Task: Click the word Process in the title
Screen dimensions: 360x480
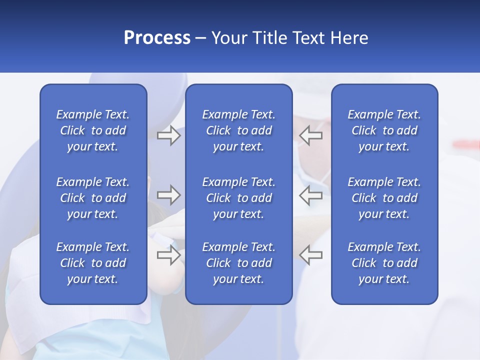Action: pos(157,38)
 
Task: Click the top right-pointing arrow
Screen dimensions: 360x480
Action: pos(169,135)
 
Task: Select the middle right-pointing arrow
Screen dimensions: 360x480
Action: pos(169,195)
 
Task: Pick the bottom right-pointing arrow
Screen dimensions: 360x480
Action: pos(169,254)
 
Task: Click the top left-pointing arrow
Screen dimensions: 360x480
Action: pos(311,135)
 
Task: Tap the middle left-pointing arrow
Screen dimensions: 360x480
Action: pos(311,195)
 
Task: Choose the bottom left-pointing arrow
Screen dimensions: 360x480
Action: pos(311,254)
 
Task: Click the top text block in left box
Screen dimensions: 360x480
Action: pos(93,130)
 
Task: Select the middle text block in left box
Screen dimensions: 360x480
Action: pos(93,198)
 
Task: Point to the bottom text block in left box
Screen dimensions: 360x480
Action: pos(93,263)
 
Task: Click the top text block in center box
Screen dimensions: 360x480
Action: pos(239,130)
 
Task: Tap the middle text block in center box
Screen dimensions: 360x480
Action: pos(239,198)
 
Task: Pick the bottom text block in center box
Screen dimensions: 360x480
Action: pos(239,263)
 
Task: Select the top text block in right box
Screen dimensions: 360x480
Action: pos(384,130)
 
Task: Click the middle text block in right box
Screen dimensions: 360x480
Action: pos(384,198)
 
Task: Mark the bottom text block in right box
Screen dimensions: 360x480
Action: pos(384,263)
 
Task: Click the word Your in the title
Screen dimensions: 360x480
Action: pos(227,38)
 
